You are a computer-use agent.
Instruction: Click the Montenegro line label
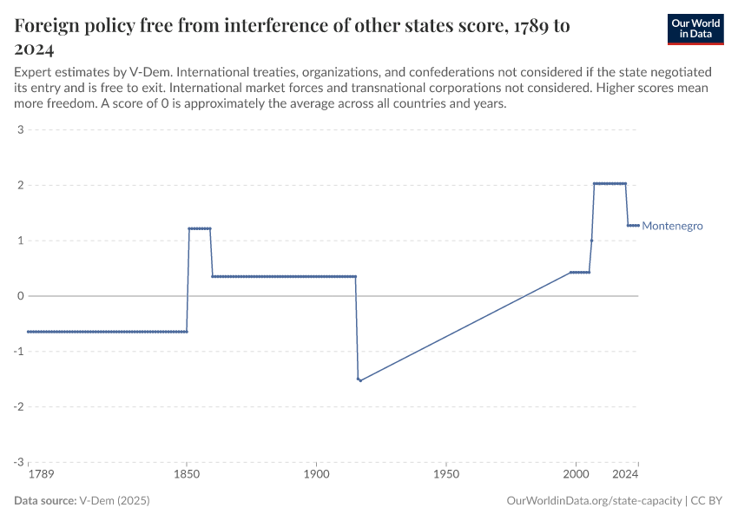672,226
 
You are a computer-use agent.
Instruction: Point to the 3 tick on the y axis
19,130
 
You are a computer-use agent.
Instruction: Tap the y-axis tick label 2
19,186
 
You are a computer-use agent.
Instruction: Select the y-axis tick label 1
19,241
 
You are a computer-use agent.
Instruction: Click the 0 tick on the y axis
19,296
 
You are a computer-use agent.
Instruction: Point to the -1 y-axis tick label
17,352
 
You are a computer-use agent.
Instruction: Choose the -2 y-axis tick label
17,406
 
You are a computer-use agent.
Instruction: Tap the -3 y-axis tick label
17,462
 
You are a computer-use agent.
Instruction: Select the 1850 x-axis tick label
186,476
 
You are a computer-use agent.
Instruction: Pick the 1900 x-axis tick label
316,476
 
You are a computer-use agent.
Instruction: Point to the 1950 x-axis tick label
445,476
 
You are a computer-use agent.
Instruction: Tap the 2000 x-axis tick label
576,476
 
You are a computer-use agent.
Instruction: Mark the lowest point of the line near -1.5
360,380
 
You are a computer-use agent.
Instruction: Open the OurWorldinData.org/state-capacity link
593,501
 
